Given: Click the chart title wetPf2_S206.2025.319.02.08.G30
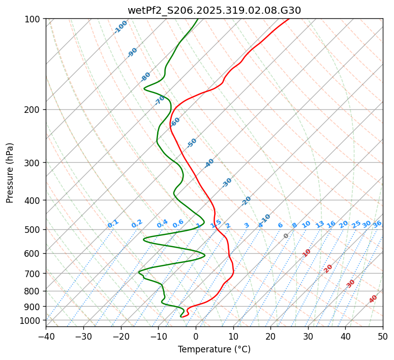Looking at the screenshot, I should click(x=214, y=10).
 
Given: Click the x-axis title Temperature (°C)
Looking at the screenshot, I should click(x=214, y=349).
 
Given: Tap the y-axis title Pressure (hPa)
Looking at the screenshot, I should click(x=10, y=172).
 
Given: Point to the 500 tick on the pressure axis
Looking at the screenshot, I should click(x=33, y=229).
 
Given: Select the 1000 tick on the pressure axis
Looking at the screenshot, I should click(x=31, y=320).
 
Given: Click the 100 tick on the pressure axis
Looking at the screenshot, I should click(x=33, y=19).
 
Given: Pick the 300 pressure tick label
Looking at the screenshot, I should click(x=33, y=163).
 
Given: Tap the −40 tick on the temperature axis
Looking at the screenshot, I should click(x=46, y=336).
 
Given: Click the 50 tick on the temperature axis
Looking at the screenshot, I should click(x=383, y=336).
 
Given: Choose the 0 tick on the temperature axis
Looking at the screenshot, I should click(x=196, y=336).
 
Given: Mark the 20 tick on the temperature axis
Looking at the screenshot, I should click(x=270, y=336).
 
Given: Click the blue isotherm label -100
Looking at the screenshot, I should click(x=120, y=27).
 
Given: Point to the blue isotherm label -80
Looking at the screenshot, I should click(x=146, y=77).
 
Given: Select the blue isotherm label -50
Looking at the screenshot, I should click(x=192, y=143).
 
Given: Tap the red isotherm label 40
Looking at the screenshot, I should click(x=373, y=299).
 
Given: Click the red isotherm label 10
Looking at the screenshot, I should click(x=307, y=253).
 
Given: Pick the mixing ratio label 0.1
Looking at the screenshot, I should click(x=113, y=224).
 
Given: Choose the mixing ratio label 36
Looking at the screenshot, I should click(x=377, y=224).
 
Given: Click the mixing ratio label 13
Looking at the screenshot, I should click(x=320, y=224).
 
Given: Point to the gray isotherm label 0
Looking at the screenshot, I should click(x=286, y=236).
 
